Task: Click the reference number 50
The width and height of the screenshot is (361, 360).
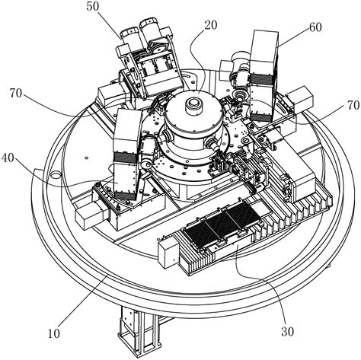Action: [93, 7]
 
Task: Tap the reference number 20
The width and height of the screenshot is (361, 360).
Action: [211, 25]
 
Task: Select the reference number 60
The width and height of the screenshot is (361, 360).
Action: [315, 27]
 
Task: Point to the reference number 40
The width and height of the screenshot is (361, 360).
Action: [8, 158]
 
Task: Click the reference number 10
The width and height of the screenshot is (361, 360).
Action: [54, 333]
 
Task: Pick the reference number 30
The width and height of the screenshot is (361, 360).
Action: [287, 331]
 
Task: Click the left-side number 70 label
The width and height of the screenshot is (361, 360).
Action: [17, 94]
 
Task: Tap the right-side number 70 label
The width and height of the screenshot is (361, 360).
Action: [353, 105]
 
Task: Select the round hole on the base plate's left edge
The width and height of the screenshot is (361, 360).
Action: [56, 174]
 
